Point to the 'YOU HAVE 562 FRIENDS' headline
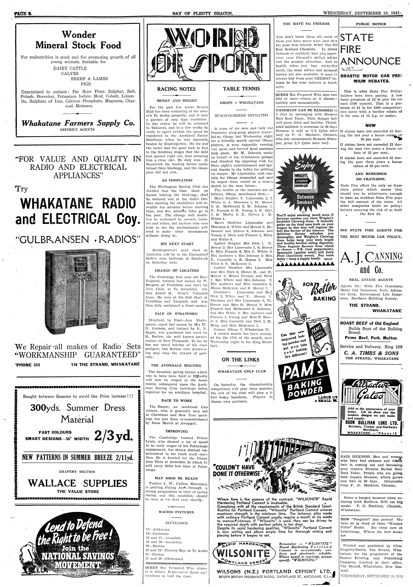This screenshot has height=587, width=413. [x=306, y=24]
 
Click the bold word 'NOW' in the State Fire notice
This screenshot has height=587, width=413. [x=370, y=125]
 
